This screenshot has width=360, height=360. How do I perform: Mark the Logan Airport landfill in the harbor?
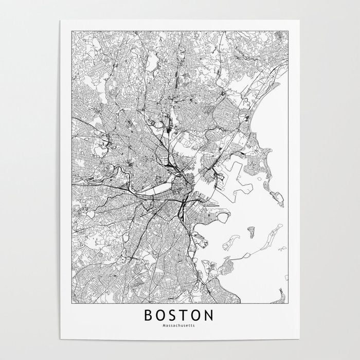(234, 172)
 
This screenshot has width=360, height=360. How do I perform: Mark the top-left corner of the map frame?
(73, 29)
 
